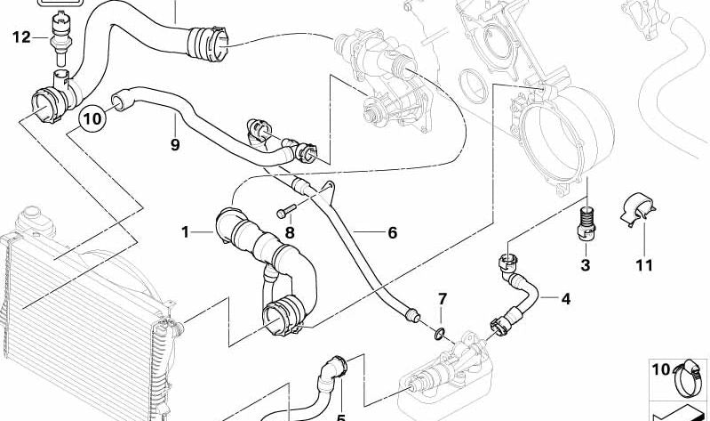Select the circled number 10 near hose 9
(x=92, y=117)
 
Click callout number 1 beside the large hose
(x=186, y=233)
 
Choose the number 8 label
(x=289, y=233)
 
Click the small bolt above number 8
(x=286, y=213)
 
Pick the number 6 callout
(x=391, y=233)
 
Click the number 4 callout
(x=565, y=299)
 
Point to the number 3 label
(x=585, y=265)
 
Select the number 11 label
(x=644, y=265)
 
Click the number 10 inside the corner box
(x=659, y=369)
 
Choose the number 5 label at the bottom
(x=340, y=416)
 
